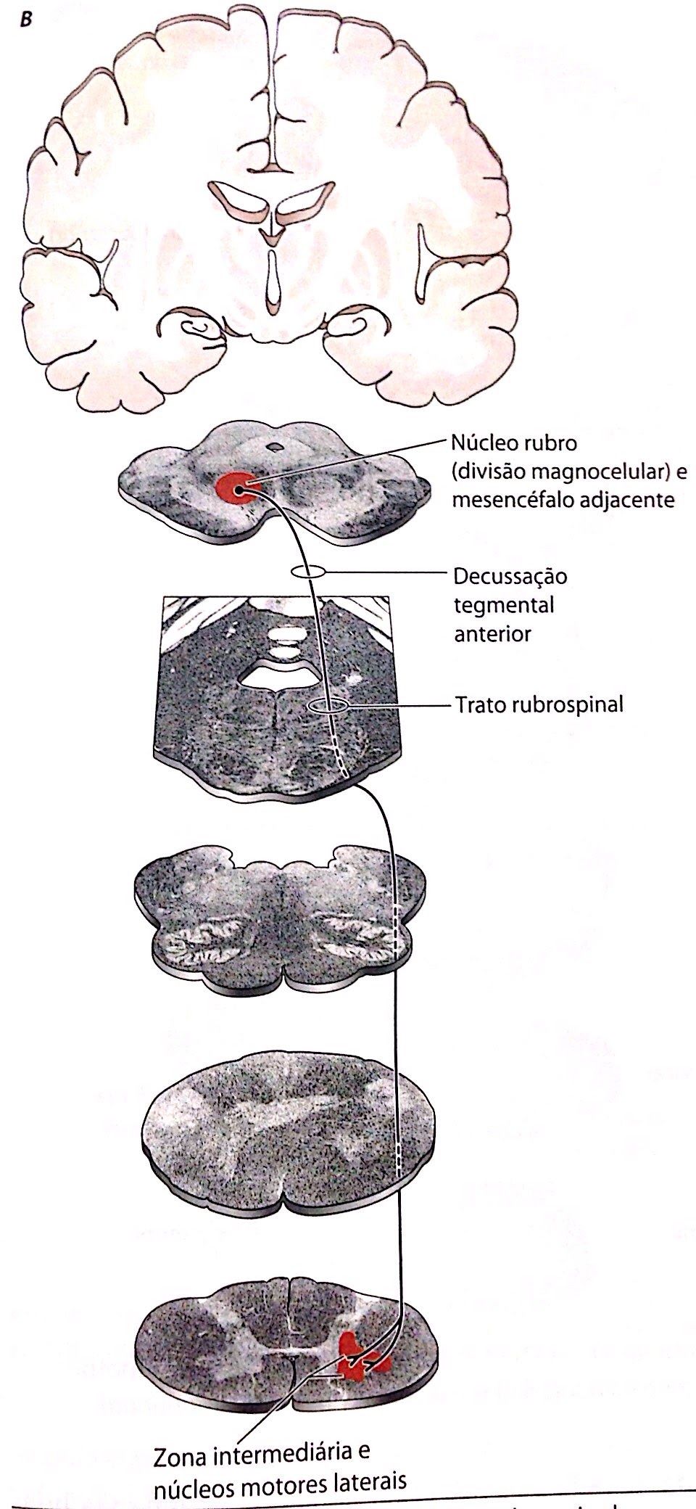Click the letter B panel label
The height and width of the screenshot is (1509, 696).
(x=27, y=19)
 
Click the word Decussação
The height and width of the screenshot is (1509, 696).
(x=510, y=577)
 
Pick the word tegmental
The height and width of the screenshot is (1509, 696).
(x=504, y=605)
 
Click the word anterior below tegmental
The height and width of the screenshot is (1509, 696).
(x=492, y=633)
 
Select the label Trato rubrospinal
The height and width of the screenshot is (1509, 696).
(x=539, y=704)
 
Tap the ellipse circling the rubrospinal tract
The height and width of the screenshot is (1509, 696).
(x=328, y=705)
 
